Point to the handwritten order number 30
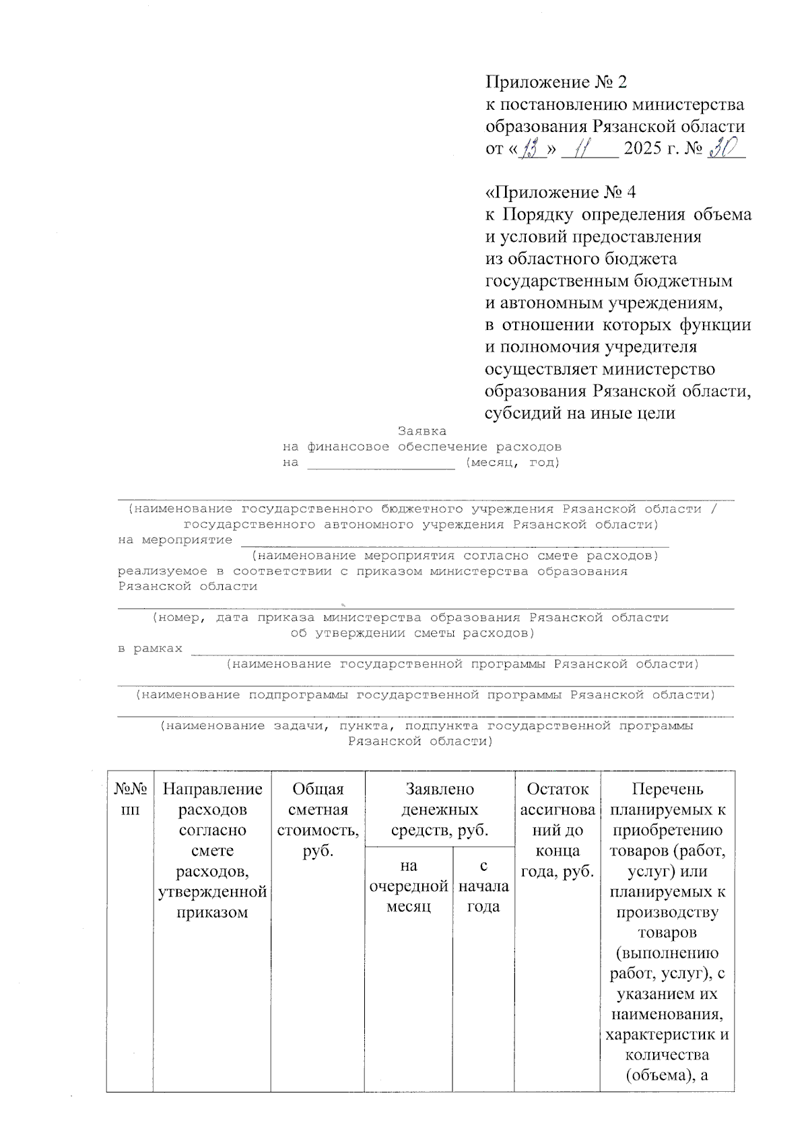724,146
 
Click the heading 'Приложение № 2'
556,82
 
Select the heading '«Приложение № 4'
560,193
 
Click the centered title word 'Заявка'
422,431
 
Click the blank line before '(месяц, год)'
381,465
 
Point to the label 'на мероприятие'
175,540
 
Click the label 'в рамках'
150,649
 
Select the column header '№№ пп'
129,799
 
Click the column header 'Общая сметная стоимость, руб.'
318,820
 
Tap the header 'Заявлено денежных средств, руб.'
439,810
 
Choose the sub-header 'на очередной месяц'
409,886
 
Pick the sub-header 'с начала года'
483,886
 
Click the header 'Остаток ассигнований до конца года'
557,830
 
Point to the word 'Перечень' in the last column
667,789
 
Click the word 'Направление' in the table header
212,789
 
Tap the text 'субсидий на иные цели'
580,414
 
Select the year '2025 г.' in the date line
652,148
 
